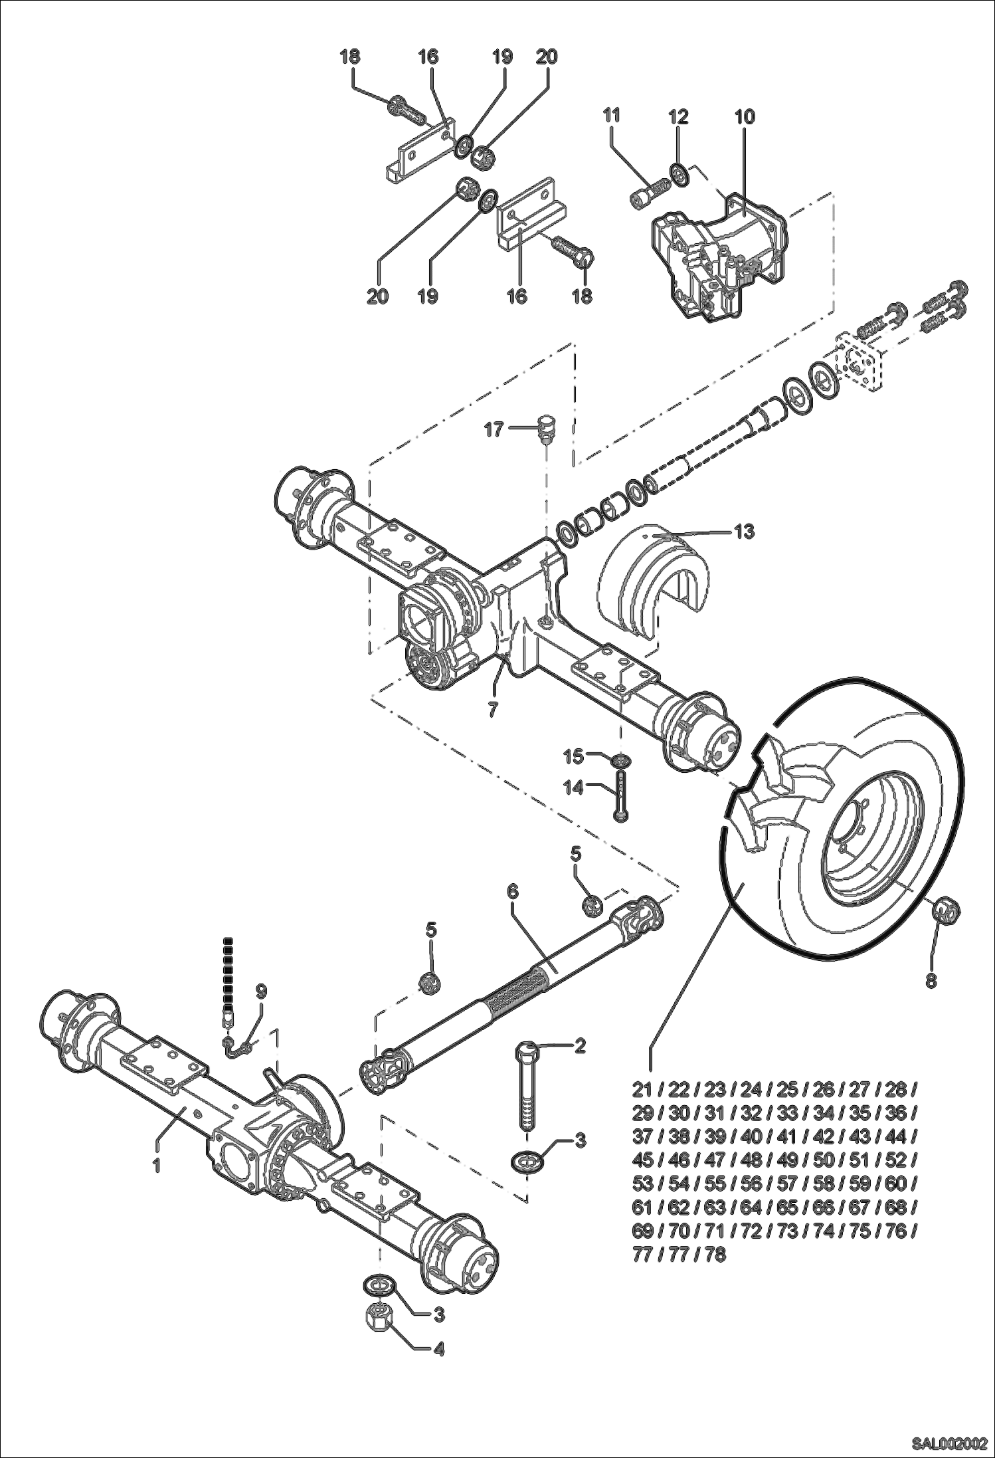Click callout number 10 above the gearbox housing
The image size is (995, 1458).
click(745, 117)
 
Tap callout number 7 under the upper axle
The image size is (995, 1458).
click(492, 709)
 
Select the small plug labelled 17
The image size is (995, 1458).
click(547, 429)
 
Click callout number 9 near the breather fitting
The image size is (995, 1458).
click(261, 991)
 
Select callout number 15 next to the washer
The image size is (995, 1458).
click(573, 756)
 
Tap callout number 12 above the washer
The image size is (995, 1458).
click(678, 117)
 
